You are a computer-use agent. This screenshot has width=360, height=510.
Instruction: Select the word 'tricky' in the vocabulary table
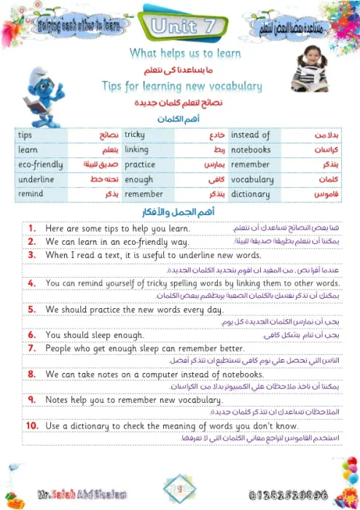click(x=135, y=136)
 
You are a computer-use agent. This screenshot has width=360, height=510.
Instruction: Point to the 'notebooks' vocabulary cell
click(x=251, y=150)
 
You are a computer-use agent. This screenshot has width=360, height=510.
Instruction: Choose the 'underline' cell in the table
click(x=36, y=179)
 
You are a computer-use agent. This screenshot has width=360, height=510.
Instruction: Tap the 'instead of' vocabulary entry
click(x=250, y=136)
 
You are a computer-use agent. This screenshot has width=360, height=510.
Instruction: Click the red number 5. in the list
click(x=31, y=309)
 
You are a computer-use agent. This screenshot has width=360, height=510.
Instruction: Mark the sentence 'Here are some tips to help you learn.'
click(x=117, y=228)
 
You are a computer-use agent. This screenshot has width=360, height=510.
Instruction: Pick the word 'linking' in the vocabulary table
click(x=136, y=150)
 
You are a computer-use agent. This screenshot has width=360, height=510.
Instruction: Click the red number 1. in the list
click(x=32, y=228)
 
